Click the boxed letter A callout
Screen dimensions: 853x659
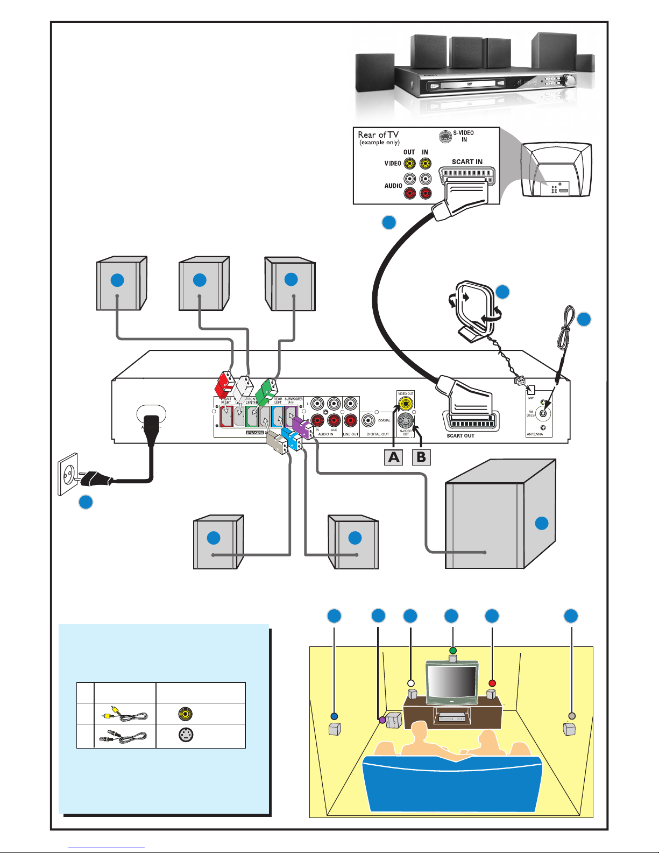(x=394, y=457)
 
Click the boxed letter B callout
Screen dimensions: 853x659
(x=421, y=457)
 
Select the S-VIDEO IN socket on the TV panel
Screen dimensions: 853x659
(x=445, y=137)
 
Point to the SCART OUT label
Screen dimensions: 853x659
(x=460, y=436)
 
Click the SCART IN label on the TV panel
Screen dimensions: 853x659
(x=467, y=161)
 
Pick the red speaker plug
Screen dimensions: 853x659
(x=223, y=384)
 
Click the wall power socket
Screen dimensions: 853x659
(x=68, y=474)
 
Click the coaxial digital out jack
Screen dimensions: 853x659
(x=369, y=421)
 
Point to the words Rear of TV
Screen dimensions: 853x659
(x=378, y=135)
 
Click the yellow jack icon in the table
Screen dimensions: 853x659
(x=186, y=714)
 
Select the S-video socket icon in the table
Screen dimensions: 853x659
(x=186, y=735)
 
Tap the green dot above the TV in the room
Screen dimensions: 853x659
(x=453, y=650)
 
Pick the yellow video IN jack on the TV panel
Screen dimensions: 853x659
(x=426, y=163)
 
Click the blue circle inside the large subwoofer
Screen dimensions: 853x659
(x=541, y=523)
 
